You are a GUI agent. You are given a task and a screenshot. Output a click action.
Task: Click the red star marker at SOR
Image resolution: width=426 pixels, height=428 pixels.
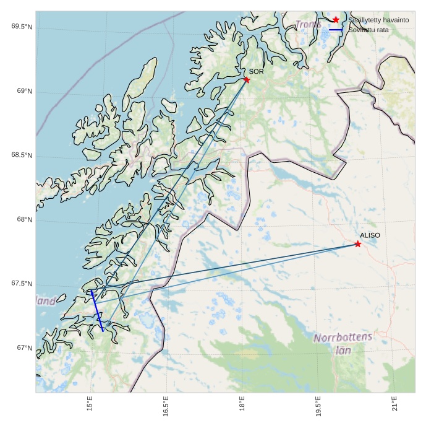(x=247, y=79)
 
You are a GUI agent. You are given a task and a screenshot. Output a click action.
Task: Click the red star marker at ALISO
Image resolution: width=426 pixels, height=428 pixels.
(x=357, y=244)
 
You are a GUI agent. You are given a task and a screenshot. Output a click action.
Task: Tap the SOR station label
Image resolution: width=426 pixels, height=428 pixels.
(x=257, y=72)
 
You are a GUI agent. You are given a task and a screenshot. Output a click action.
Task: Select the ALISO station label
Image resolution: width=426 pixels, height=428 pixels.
(x=370, y=235)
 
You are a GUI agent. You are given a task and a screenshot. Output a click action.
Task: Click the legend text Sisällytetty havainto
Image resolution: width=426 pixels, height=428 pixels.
(x=378, y=20)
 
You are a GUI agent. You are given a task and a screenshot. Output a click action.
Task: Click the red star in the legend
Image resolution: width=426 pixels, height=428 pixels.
(x=336, y=20)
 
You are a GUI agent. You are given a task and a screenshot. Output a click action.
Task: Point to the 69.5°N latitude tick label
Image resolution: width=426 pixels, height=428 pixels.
(x=22, y=27)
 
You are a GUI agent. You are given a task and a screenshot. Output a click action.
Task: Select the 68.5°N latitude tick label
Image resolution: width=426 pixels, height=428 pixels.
(x=22, y=155)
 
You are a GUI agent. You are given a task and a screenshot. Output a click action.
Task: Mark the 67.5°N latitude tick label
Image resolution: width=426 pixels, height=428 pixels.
(x=22, y=284)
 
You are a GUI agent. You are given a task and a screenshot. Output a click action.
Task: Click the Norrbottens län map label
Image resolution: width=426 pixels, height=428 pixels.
(x=343, y=343)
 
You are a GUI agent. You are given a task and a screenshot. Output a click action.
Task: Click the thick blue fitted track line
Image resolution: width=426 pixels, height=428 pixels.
(x=97, y=311)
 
